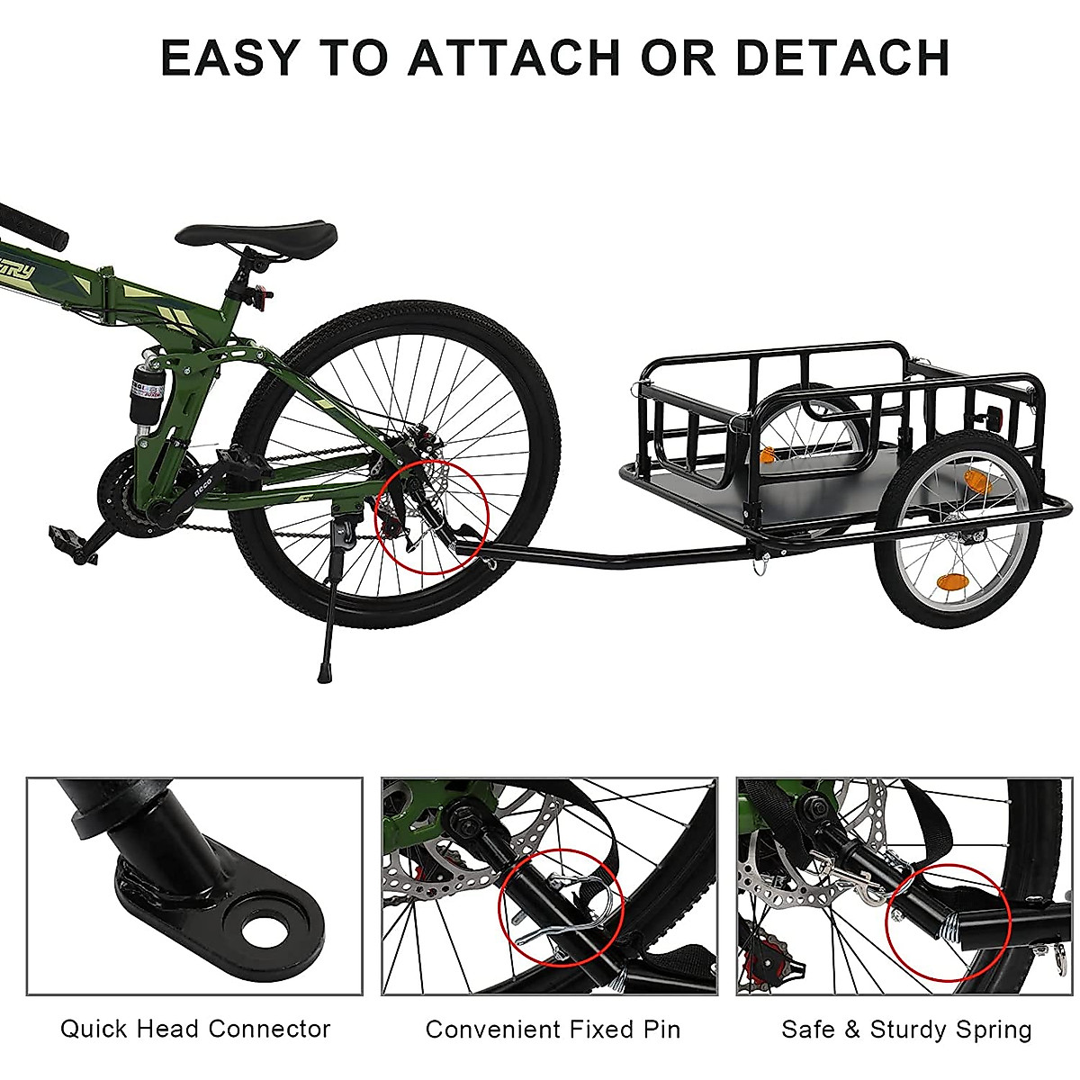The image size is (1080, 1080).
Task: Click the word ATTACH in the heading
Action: click(513, 57)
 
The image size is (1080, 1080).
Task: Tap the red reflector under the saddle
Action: click(262, 293)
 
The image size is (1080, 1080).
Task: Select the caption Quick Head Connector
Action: click(195, 1028)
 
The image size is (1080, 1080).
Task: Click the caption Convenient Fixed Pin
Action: click(553, 1029)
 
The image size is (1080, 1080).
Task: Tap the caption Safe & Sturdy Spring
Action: click(906, 1029)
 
